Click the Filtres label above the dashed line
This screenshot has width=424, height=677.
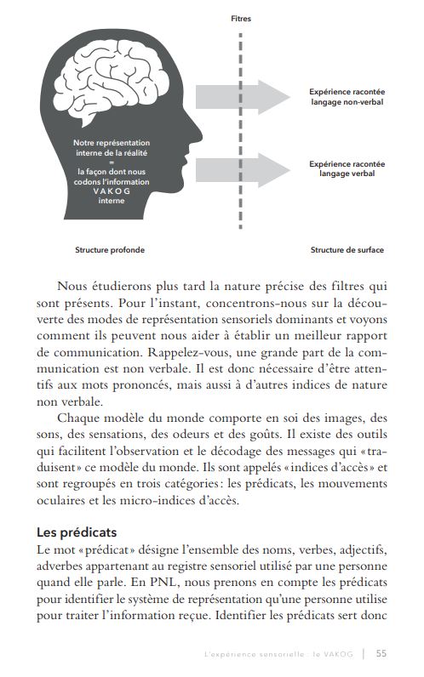tap(241, 17)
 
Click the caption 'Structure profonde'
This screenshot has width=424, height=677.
tap(109, 250)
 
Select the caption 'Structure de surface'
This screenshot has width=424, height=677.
tap(347, 250)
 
